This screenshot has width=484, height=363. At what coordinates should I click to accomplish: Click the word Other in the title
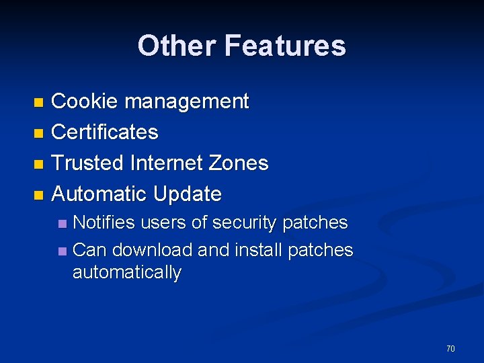click(x=177, y=46)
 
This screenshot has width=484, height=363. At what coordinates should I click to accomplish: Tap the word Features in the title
click(x=285, y=46)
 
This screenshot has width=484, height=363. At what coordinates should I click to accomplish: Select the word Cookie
click(x=85, y=102)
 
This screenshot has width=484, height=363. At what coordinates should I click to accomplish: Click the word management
click(x=186, y=102)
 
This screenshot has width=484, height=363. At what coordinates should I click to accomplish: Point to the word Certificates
click(x=105, y=132)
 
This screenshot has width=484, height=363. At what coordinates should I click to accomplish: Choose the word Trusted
click(x=88, y=163)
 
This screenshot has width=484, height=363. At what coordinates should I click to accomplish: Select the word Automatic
click(x=99, y=194)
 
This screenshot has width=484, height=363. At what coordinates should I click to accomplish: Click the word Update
click(x=188, y=194)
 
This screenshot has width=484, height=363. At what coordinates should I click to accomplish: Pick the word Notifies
click(x=104, y=223)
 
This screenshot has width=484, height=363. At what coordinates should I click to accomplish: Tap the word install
click(x=259, y=250)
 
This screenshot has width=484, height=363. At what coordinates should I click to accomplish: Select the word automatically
click(x=127, y=272)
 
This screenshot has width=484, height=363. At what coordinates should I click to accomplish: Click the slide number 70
click(x=450, y=348)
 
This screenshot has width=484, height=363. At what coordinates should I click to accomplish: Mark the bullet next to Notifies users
click(x=62, y=223)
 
